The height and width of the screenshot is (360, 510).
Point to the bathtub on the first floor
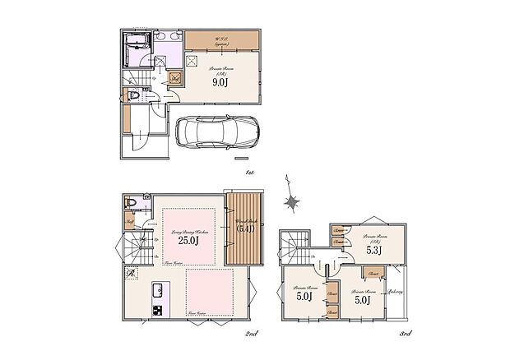click(x=134, y=50)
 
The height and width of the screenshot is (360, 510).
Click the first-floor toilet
click(x=134, y=96)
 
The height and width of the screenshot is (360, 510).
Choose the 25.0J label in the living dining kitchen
click(x=189, y=241)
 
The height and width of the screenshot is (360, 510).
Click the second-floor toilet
click(x=130, y=203)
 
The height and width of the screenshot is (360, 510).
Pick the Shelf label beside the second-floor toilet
click(x=130, y=221)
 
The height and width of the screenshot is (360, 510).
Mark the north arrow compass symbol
click(x=290, y=198)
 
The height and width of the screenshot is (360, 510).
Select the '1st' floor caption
click(x=249, y=173)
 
